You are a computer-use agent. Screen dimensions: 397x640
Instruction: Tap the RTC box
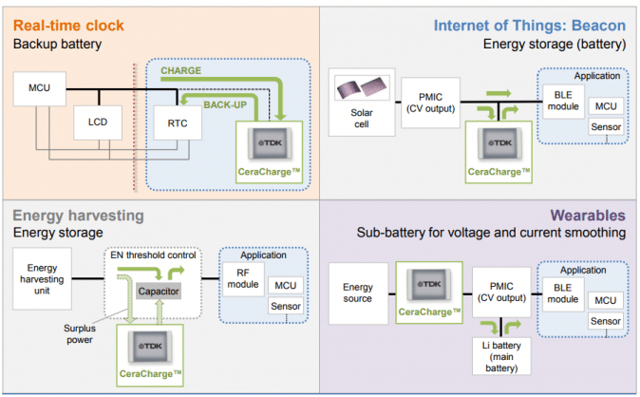177,123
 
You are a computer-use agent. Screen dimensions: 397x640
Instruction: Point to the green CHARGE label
180,69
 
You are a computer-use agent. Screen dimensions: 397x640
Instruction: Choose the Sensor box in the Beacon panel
606,126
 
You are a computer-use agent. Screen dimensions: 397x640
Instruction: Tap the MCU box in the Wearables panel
605,299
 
